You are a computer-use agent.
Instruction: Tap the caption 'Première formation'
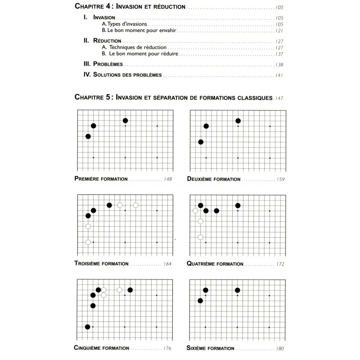(101, 179)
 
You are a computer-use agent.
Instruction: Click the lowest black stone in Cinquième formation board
(88, 327)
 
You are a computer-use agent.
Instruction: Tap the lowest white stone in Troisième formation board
(88, 242)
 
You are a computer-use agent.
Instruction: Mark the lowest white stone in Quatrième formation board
(200, 237)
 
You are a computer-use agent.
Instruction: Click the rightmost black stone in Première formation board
(125, 121)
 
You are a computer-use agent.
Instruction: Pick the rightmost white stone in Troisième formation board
(135, 205)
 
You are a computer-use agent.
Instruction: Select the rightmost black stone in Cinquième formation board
(130, 290)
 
